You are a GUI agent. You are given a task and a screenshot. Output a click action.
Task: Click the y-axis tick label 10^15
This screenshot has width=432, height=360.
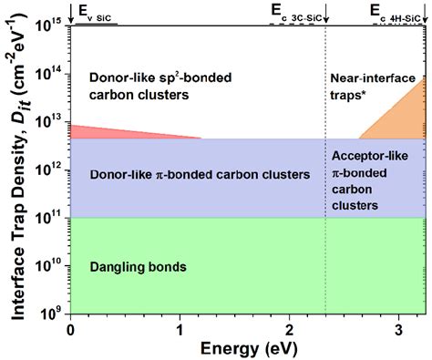pyautogui.click(x=53, y=25)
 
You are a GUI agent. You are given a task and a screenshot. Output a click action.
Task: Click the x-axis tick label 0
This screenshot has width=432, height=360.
pyautogui.click(x=70, y=328)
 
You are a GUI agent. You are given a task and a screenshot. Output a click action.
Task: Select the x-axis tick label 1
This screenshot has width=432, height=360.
pyautogui.click(x=180, y=328)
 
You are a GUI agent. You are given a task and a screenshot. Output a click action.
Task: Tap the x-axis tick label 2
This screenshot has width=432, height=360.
pyautogui.click(x=290, y=328)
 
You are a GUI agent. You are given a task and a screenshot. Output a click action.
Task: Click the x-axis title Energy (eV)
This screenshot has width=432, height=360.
pyautogui.click(x=248, y=348)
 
